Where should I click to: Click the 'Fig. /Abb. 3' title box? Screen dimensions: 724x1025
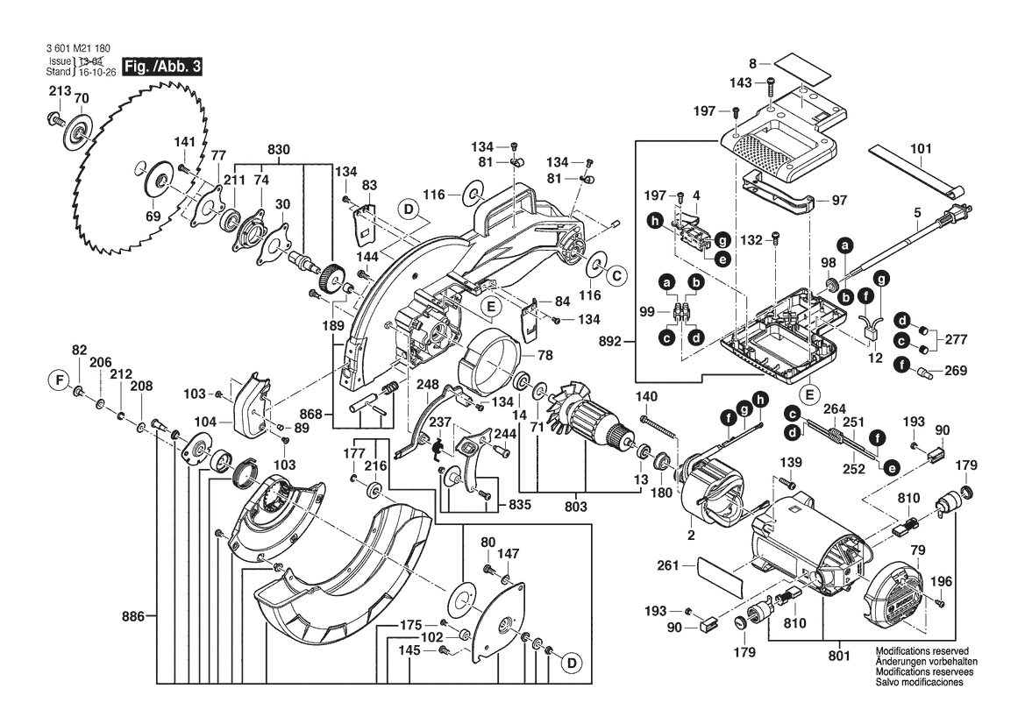tap(162, 67)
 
